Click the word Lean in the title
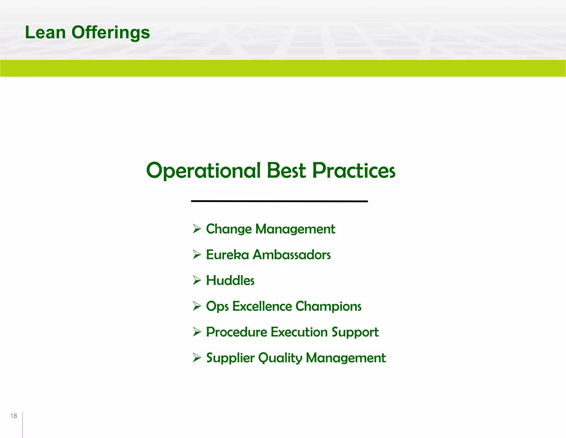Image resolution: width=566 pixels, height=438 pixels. (x=45, y=33)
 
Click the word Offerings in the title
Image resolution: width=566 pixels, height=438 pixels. (x=111, y=33)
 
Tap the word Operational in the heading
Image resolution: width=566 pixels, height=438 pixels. (x=203, y=171)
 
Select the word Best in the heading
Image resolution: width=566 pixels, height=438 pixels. (x=286, y=171)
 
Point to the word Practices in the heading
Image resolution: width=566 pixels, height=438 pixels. (x=354, y=171)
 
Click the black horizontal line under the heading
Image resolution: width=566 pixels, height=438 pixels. (x=279, y=201)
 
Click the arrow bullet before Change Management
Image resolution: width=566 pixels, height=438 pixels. (x=197, y=229)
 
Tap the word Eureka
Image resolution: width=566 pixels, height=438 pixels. (x=227, y=255)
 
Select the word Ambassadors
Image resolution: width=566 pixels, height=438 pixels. (x=292, y=255)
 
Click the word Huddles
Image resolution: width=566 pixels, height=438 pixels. (x=230, y=280)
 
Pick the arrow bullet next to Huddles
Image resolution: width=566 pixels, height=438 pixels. (x=197, y=280)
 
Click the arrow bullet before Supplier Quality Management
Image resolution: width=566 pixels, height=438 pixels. (x=197, y=358)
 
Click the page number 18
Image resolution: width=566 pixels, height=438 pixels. (x=14, y=416)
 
